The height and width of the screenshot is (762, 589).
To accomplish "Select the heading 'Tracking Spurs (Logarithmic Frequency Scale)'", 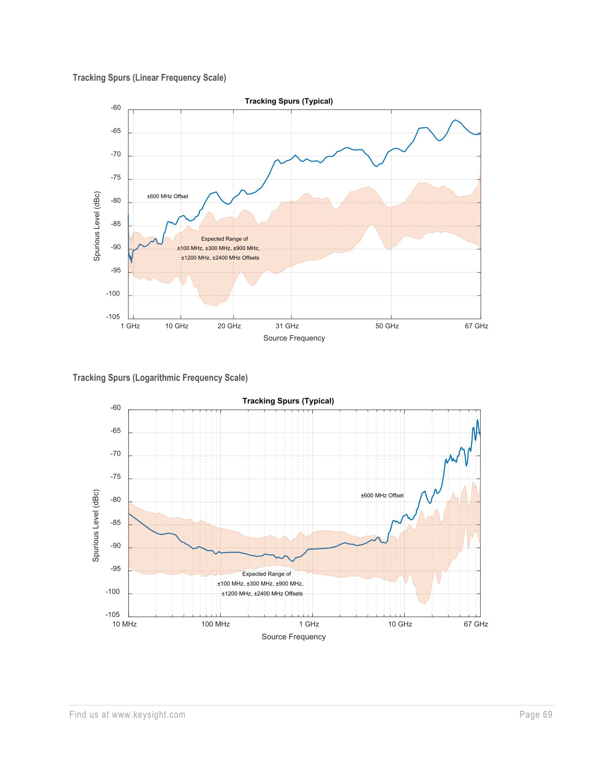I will (x=160, y=378).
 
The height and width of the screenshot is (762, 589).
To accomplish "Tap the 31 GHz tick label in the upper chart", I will (x=287, y=326).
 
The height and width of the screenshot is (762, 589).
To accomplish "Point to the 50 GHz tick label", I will (x=387, y=326).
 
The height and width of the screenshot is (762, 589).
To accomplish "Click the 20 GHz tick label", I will (x=229, y=326).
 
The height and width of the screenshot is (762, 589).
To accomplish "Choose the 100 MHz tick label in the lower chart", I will (x=216, y=624).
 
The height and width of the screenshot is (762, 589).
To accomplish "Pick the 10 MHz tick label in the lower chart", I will (x=124, y=624).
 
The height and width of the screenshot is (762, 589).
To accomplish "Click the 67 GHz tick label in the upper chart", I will (x=476, y=326).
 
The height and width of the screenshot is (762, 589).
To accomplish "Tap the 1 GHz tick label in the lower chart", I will (x=309, y=624).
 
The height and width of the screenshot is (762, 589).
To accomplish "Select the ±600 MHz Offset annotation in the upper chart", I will (x=167, y=196).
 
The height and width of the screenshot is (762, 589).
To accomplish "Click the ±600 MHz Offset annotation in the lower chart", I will (x=382, y=495).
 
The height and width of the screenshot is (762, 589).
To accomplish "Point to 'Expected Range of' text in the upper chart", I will (x=224, y=239).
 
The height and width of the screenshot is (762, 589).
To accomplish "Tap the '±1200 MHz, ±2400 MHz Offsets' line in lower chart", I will (x=262, y=594).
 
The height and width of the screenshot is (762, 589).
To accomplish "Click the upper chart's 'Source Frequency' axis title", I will (x=294, y=338).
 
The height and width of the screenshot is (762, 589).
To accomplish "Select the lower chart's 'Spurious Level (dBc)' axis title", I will (x=96, y=525).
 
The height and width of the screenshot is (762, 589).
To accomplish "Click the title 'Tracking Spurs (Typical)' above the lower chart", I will (x=288, y=401).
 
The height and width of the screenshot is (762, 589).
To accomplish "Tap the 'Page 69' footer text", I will (x=536, y=715).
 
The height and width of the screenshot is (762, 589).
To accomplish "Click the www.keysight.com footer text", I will (x=149, y=715).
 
